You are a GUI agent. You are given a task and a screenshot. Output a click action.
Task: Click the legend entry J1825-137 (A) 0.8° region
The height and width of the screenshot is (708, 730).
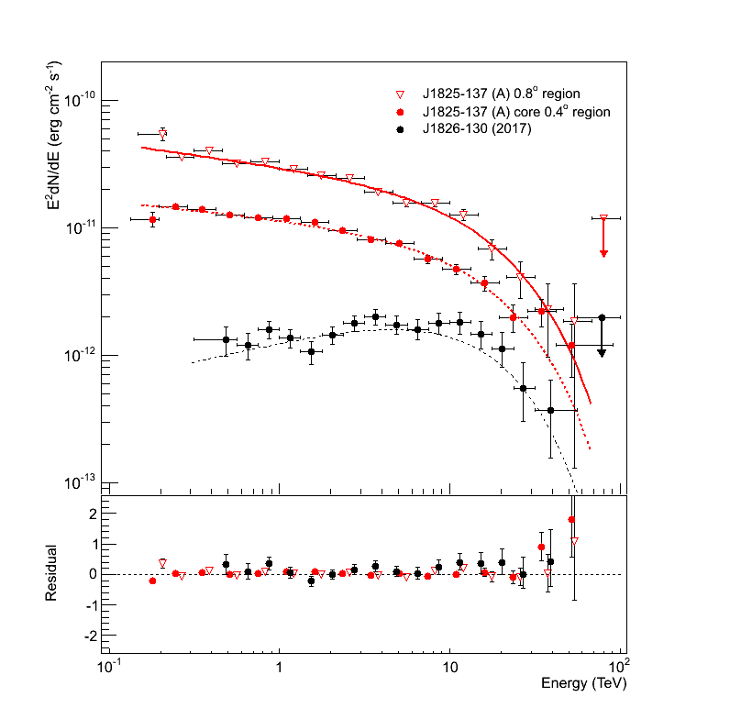click(501, 94)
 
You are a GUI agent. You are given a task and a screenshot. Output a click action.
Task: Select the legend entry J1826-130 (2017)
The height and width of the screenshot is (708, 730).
click(476, 128)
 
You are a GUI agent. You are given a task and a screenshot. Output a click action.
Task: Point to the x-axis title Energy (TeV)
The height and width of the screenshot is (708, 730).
click(582, 683)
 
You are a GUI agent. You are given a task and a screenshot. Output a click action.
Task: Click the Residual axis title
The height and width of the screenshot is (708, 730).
click(53, 573)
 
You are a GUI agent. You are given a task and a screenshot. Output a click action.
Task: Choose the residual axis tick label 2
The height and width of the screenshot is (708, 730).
click(89, 514)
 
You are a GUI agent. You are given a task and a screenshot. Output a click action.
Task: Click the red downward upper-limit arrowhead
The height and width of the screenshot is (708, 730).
click(603, 252)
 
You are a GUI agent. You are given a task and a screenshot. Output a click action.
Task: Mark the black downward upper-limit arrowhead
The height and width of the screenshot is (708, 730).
click(602, 352)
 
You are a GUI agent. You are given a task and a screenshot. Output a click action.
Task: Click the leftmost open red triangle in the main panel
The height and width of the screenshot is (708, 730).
click(162, 134)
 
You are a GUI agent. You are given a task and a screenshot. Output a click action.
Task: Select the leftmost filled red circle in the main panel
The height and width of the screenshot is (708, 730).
click(153, 220)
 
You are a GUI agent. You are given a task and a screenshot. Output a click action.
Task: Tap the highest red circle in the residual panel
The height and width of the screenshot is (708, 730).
click(571, 520)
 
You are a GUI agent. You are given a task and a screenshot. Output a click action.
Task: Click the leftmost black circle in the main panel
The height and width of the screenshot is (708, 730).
click(226, 339)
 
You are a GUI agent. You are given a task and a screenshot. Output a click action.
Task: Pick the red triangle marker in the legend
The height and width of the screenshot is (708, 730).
click(399, 94)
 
